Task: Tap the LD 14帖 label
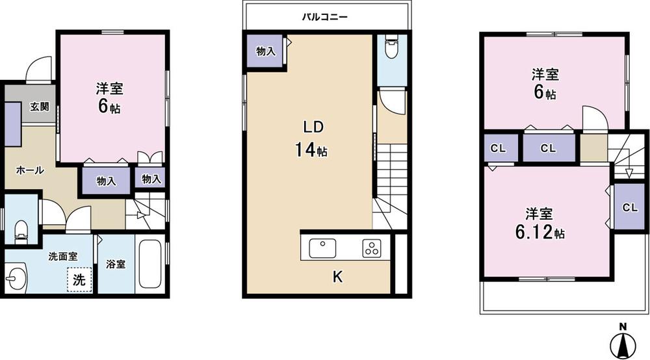[311, 138]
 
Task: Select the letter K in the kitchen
[337, 277]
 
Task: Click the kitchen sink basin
[322, 248]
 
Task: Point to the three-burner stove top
[372, 248]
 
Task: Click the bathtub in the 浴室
[150, 264]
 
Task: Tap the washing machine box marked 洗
[78, 281]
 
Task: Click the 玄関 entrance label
[39, 107]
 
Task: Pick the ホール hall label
[30, 170]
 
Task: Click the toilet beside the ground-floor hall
[21, 229]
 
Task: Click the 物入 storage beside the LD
[265, 52]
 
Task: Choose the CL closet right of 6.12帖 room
[629, 208]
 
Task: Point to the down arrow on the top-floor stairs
[628, 172]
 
